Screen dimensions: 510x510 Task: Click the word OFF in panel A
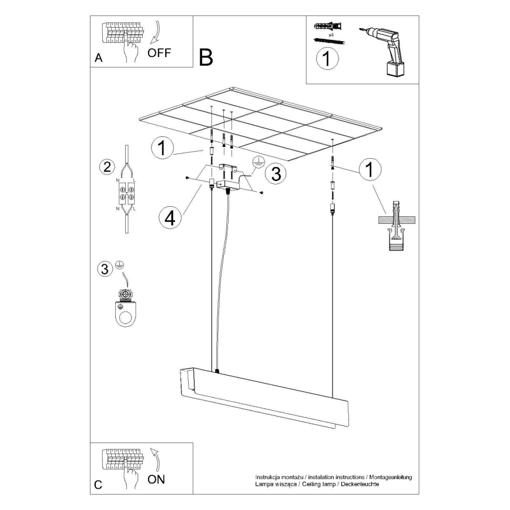[159, 52]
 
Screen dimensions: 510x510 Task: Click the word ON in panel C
[156, 479]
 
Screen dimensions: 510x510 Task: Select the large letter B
[206, 57]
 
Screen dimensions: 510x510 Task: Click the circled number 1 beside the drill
[327, 60]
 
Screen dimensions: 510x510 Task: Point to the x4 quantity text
[331, 35]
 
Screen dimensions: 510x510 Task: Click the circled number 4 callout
[170, 217]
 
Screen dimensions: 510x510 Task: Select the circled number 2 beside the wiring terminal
[106, 166]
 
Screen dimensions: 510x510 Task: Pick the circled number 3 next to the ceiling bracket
[275, 173]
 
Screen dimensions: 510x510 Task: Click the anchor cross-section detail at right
[397, 226]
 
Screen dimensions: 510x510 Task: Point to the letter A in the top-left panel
[98, 58]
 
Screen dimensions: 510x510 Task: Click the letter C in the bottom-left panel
[98, 485]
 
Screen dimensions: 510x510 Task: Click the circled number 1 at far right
[368, 169]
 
